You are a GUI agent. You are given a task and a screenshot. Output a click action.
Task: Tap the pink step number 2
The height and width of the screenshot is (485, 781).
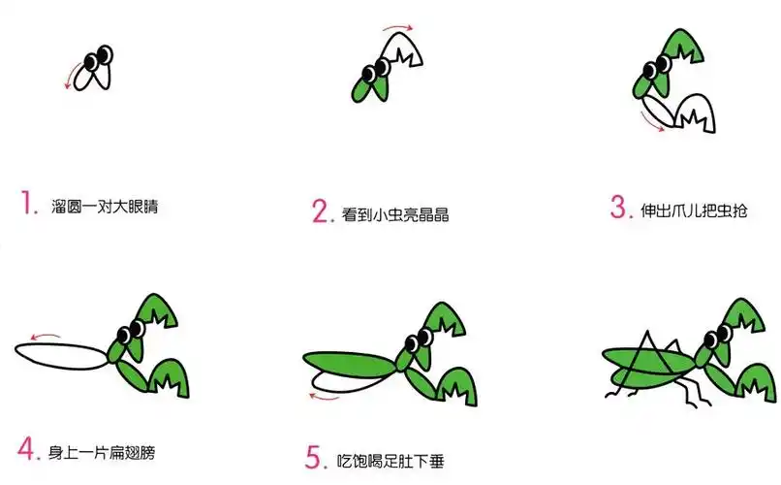pos(321,211)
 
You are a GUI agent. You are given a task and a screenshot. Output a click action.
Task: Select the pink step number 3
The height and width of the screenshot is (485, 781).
pos(620,208)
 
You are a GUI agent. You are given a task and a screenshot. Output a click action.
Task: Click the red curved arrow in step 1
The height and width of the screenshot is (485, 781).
pos(71,74)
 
